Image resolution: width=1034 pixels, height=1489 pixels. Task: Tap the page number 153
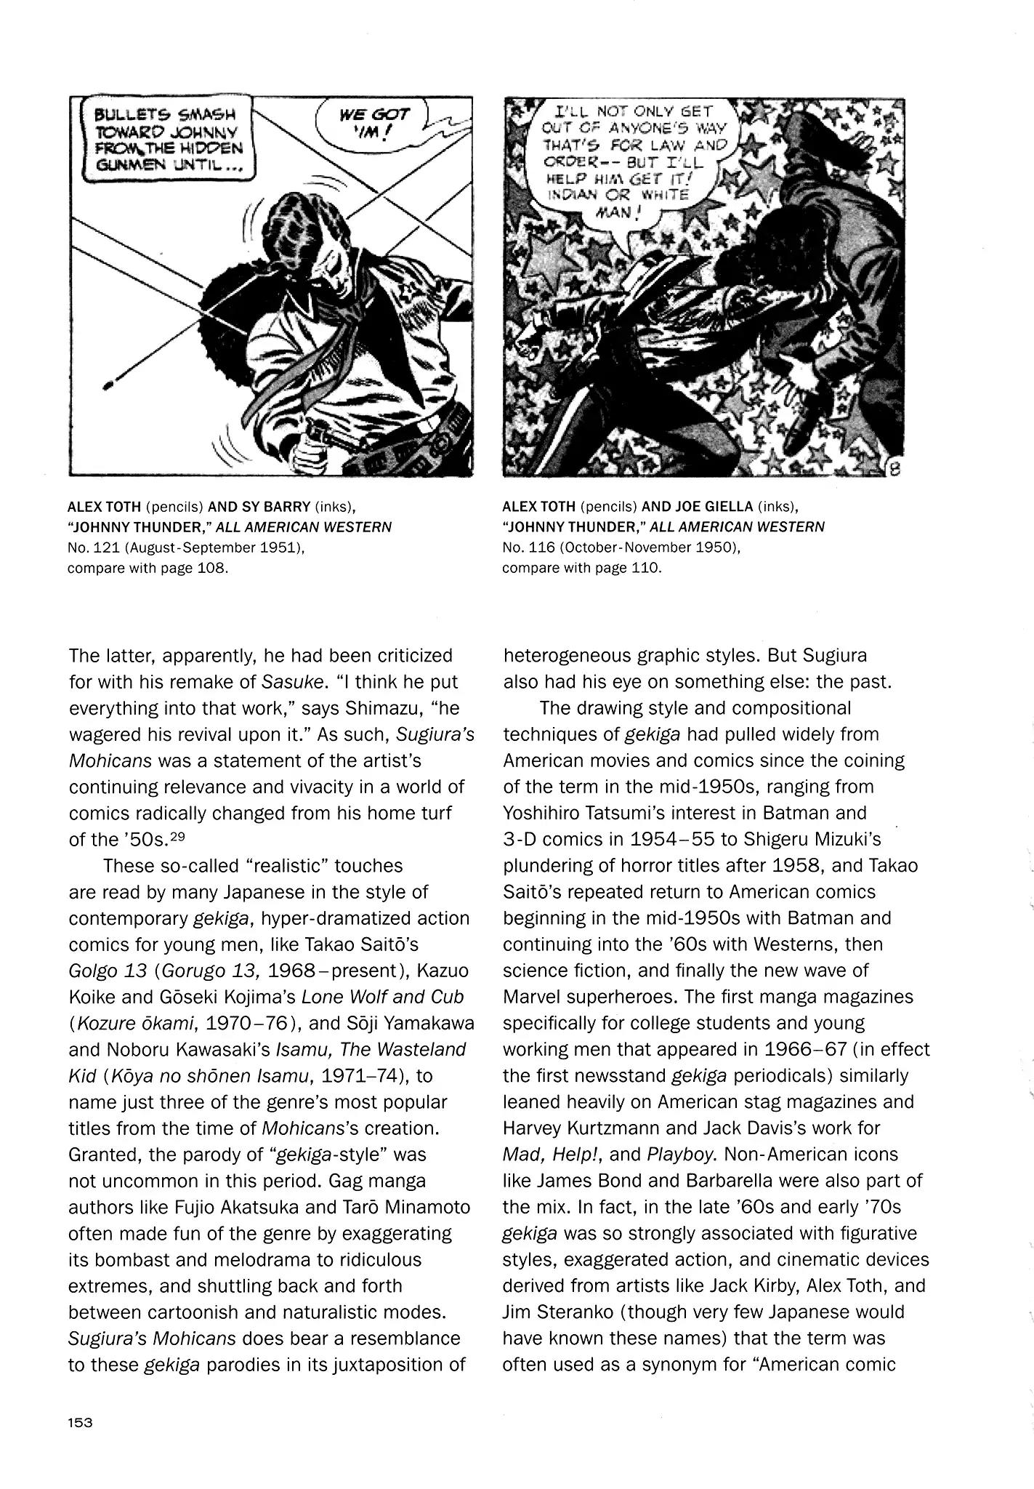pyautogui.click(x=81, y=1423)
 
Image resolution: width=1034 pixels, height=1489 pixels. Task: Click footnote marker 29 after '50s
pyautogui.click(x=177, y=837)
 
